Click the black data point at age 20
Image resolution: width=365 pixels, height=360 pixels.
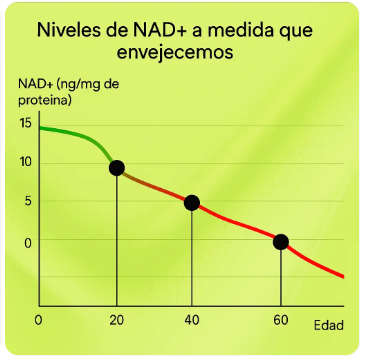117,168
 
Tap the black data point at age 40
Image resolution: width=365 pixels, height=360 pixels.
192,203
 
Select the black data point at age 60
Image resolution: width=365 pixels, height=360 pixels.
281,241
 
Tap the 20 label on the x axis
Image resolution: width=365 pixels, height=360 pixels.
117,320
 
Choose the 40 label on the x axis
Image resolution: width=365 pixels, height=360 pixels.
192,320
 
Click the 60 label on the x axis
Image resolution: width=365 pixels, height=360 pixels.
281,320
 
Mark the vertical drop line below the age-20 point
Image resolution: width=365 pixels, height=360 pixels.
117,240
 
